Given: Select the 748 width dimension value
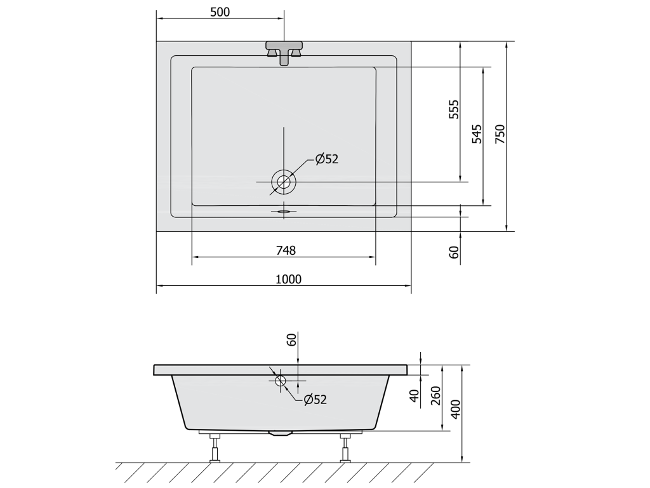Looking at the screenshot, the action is pos(286,250).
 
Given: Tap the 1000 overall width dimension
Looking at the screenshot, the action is pos(289,280).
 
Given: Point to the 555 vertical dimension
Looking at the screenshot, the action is pos(454,109).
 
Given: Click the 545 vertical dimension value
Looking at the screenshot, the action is pos(477,133).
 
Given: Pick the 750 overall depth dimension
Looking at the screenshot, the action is pos(500,133).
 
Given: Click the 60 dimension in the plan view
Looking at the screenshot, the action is pos(454,252).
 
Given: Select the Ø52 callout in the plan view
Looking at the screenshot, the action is pos(327,159).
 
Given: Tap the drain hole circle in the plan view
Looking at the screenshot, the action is pos(284,182).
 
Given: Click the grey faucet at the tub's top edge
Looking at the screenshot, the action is pos(284,53).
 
